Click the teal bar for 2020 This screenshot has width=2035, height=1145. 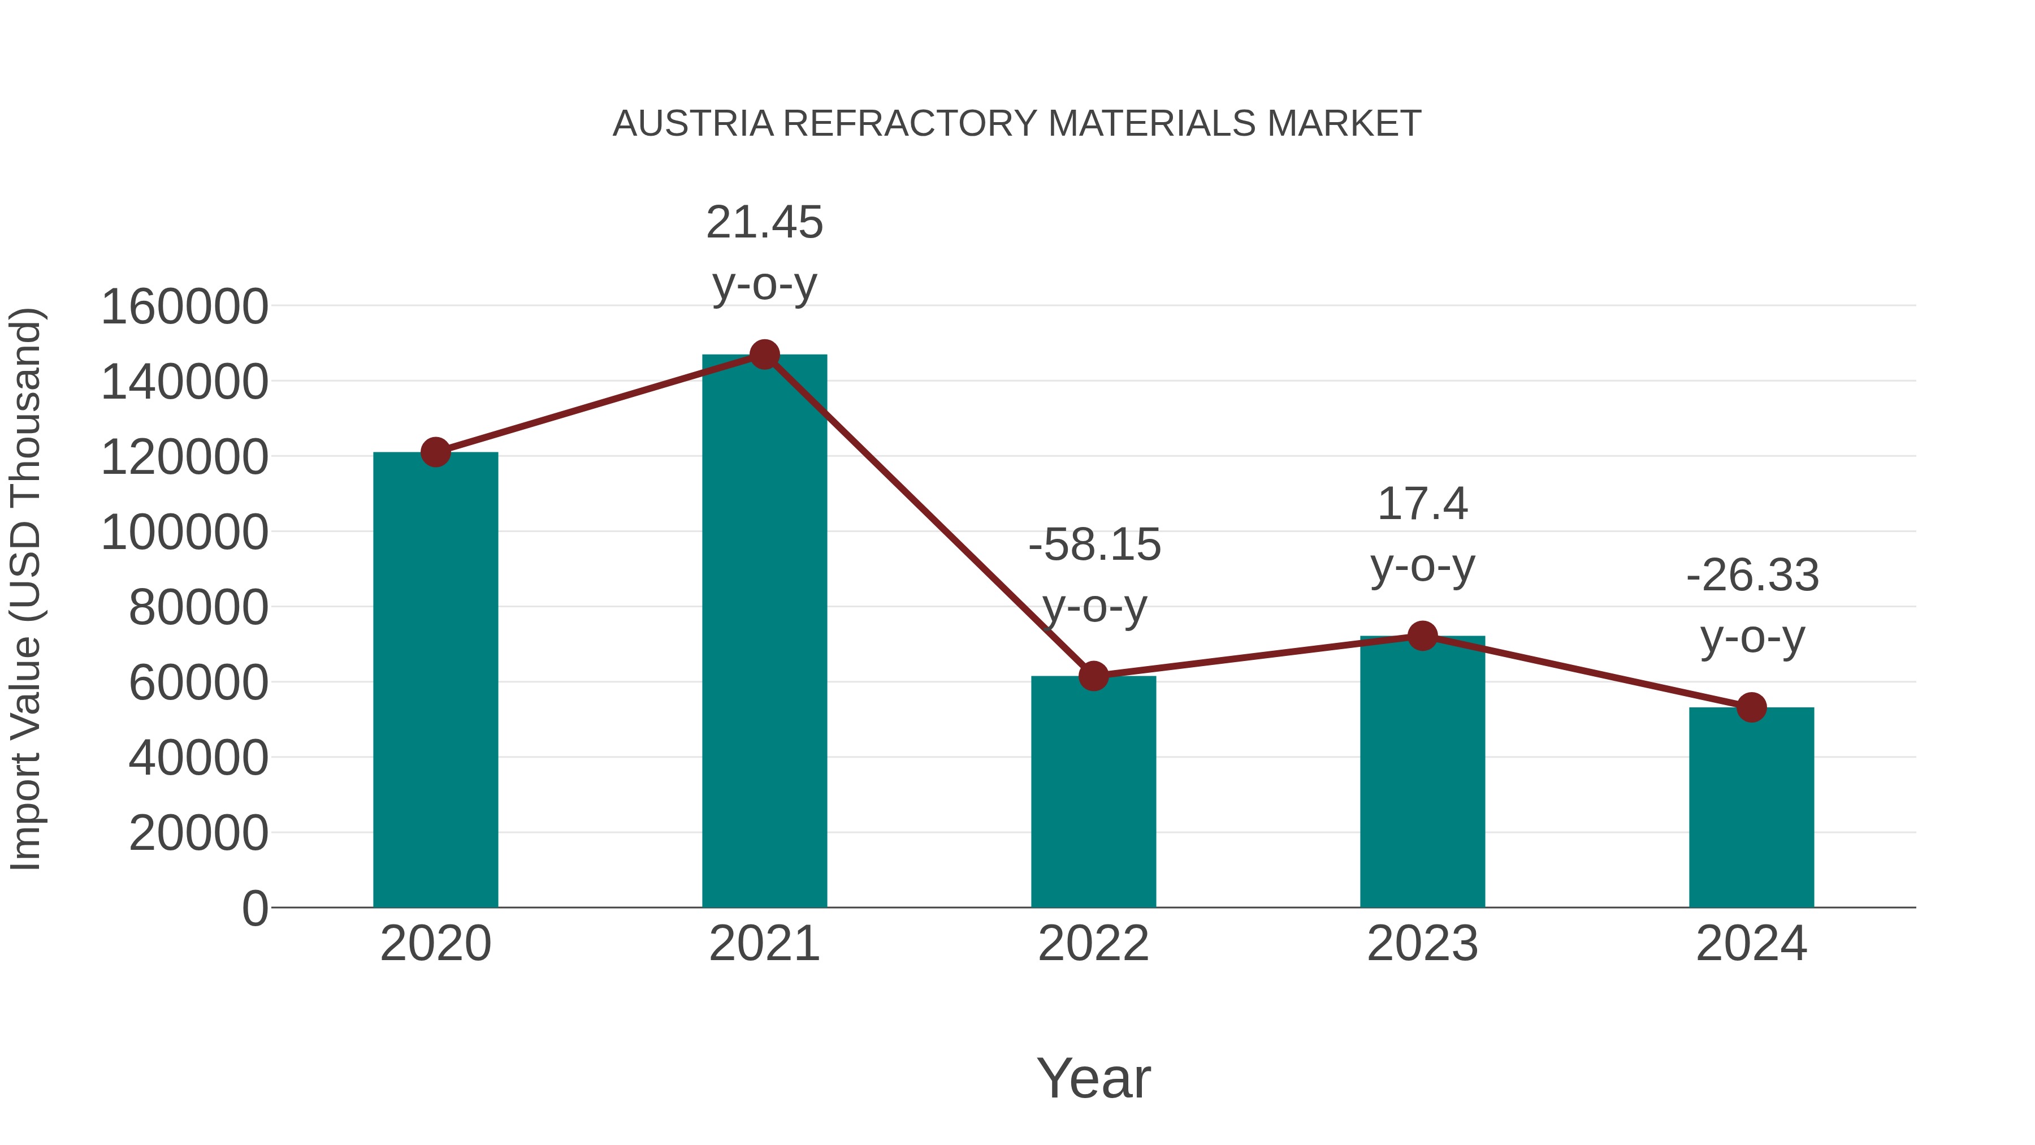coord(435,680)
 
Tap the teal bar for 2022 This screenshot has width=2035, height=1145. coord(1093,791)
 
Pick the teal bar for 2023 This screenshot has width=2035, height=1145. coord(1422,771)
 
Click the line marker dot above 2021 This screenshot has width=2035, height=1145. coord(764,355)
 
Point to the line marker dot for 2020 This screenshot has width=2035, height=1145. coord(435,453)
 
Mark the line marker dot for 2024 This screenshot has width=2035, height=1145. coord(1751,707)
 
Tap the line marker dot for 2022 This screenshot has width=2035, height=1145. coord(1093,676)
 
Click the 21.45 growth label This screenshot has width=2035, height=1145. coord(764,223)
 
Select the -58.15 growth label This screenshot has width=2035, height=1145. coord(1094,545)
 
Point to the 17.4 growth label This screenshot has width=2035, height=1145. coord(1422,504)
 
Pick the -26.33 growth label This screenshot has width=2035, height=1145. coord(1752,575)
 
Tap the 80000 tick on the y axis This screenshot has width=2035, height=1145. coord(198,608)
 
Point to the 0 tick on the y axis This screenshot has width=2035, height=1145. coord(255,909)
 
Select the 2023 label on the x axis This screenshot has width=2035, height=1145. coord(1422,944)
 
